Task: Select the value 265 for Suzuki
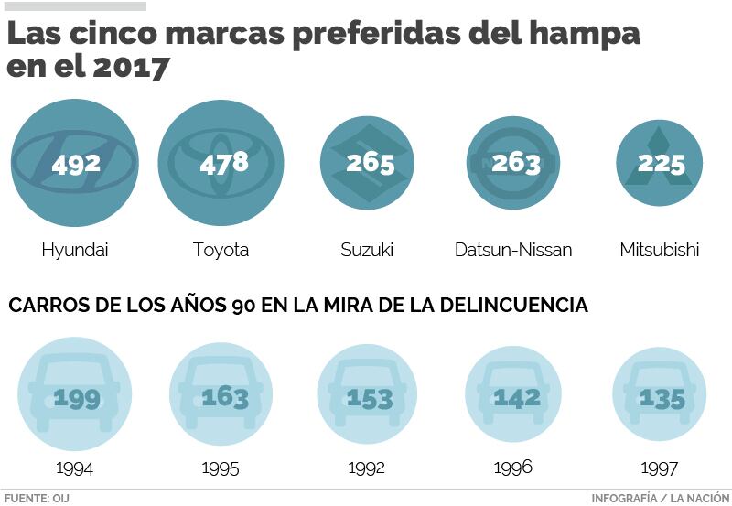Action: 370,163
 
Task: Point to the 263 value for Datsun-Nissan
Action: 515,163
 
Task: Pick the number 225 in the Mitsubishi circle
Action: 660,164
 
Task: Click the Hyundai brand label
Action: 75,250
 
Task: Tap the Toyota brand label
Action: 221,250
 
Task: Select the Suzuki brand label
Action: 366,250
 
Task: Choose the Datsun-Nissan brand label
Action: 513,250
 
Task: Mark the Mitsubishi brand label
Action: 659,250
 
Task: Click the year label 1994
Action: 74,468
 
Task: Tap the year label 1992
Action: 366,468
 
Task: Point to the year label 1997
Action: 659,468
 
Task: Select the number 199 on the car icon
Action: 76,398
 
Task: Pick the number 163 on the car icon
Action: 224,398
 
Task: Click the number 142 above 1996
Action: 517,397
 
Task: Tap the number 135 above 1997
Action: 662,398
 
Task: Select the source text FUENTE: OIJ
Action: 37,498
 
